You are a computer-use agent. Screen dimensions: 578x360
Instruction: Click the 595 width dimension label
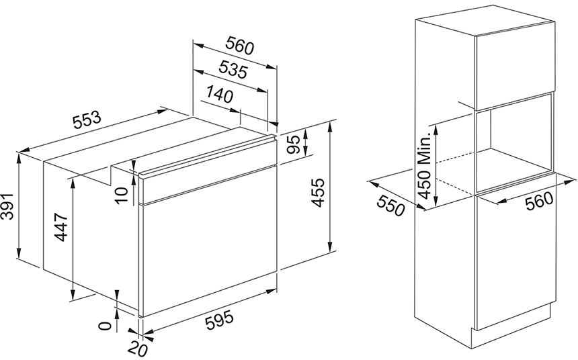[219, 320]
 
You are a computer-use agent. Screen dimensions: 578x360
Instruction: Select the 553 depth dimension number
[87, 120]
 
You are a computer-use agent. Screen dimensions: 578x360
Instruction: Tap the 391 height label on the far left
[7, 206]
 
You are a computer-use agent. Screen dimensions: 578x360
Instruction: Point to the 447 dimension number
[62, 227]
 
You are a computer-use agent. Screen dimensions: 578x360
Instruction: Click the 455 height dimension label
[317, 192]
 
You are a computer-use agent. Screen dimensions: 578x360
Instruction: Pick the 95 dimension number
[294, 145]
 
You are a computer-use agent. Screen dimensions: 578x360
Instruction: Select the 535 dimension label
[233, 69]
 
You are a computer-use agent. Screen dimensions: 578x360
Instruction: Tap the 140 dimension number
[220, 94]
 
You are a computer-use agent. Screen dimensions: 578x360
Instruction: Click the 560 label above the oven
[240, 45]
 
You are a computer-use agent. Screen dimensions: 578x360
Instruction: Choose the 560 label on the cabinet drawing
[539, 201]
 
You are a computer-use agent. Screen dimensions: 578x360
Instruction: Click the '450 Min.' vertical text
[424, 165]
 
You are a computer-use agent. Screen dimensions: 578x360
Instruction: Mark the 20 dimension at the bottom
[137, 348]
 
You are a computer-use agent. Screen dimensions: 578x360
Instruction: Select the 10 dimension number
[121, 195]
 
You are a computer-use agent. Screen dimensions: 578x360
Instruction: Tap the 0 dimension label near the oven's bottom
[106, 326]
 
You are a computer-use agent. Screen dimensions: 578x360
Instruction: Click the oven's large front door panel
[208, 240]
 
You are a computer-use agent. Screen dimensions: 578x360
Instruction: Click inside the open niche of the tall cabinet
[514, 143]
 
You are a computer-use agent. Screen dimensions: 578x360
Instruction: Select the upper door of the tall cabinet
[515, 66]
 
